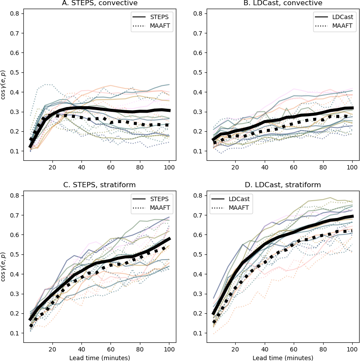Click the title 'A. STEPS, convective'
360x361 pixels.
[100, 3]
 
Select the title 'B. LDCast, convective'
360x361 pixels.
[283, 3]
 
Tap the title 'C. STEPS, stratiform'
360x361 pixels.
[100, 185]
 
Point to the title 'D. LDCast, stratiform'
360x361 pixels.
[283, 185]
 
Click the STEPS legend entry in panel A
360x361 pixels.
[150, 17]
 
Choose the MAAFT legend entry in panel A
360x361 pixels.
[151, 26]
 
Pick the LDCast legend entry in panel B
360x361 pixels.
[334, 17]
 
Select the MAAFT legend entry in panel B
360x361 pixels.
[334, 26]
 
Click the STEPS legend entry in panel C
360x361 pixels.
[150, 199]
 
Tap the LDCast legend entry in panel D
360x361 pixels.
[230, 199]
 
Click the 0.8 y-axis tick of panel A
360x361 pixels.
[14, 13]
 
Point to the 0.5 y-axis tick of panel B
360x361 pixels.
[198, 72]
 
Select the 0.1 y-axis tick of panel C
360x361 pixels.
[14, 333]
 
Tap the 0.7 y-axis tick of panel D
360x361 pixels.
[198, 215]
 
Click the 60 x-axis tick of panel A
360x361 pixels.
[111, 167]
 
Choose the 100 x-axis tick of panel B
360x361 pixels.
[352, 167]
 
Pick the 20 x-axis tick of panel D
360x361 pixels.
[235, 349]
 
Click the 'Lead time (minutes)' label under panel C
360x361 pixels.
[100, 358]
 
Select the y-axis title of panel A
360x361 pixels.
[3, 85]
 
